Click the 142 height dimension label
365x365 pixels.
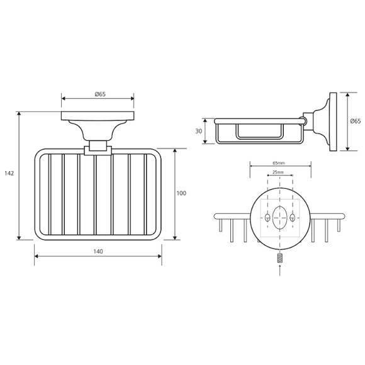click(x=9, y=173)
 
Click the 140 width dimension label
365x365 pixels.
click(x=98, y=251)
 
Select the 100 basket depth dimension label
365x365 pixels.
click(x=181, y=193)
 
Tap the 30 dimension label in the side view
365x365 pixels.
click(x=199, y=132)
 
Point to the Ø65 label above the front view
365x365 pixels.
click(x=100, y=94)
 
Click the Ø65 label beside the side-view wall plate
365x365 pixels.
click(x=356, y=121)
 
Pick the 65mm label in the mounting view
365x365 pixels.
click(x=279, y=163)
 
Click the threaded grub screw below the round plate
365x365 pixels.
click(x=280, y=259)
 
